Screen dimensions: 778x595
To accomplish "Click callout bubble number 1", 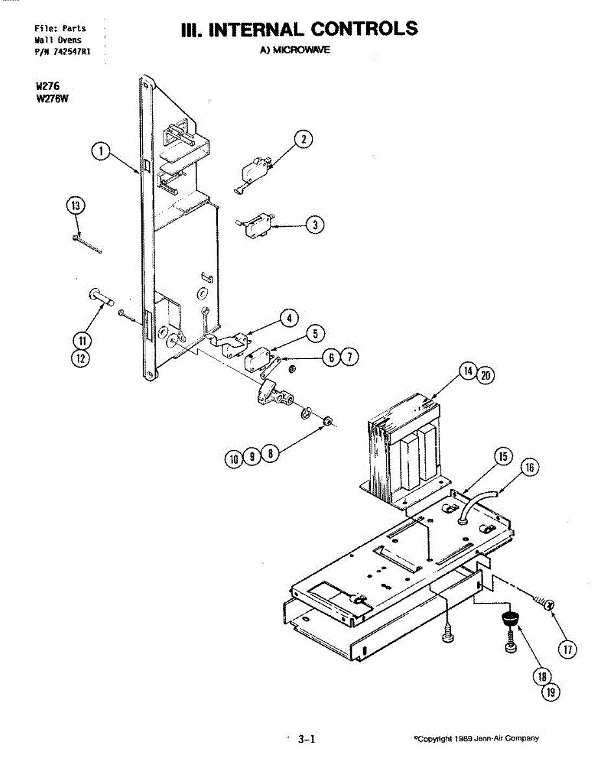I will pos(99,151).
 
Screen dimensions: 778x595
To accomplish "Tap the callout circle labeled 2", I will pos(302,139).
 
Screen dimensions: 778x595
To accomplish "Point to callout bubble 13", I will pos(77,206).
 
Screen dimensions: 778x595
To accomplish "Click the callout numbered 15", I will pos(502,456).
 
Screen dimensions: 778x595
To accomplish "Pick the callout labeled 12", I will pos(82,358).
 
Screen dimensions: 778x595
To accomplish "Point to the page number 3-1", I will pos(306,738).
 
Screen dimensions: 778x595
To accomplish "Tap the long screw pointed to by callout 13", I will pos(88,246).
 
